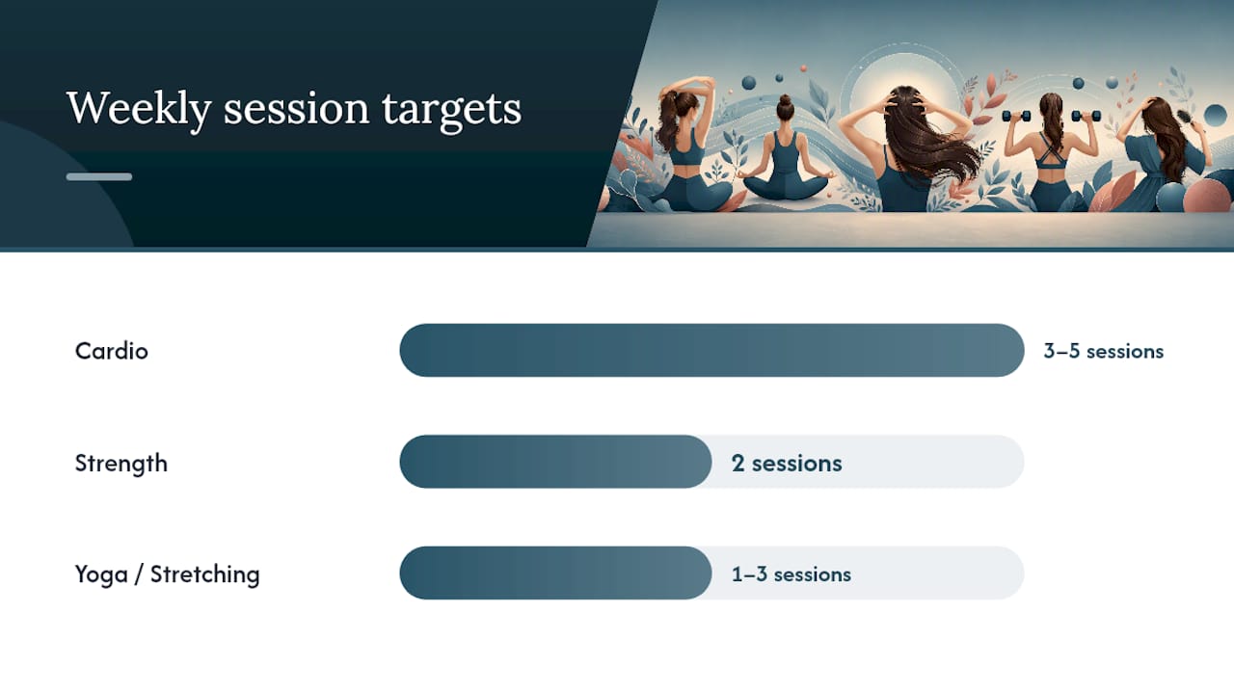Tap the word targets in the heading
(x=451, y=110)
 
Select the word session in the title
(x=296, y=109)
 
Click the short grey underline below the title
(x=99, y=176)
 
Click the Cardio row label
(x=111, y=351)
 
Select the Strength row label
(x=121, y=464)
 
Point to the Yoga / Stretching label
(x=167, y=574)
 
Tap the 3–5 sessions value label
(x=1104, y=351)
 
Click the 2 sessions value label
(x=787, y=464)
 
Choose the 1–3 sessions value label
(x=791, y=574)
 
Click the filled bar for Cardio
(x=711, y=350)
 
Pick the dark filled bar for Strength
(x=555, y=462)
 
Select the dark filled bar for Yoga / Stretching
(x=555, y=573)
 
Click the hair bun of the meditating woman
(x=785, y=101)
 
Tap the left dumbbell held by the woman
(x=1016, y=117)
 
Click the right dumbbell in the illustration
(x=1086, y=117)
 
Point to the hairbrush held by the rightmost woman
(x=1184, y=118)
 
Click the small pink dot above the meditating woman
(x=804, y=68)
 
